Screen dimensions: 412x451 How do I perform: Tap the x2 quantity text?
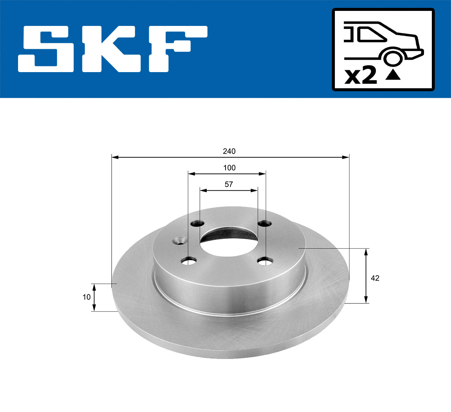(x=361, y=76)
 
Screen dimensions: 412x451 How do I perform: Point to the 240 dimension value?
(x=229, y=151)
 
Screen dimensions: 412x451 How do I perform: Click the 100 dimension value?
(x=229, y=168)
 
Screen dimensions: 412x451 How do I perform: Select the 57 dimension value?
(x=229, y=184)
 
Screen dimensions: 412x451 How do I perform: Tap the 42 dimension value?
(x=375, y=278)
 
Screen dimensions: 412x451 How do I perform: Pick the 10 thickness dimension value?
(x=86, y=297)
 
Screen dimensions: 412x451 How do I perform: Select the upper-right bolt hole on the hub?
(x=264, y=224)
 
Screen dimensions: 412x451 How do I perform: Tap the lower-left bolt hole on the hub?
(x=189, y=260)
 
